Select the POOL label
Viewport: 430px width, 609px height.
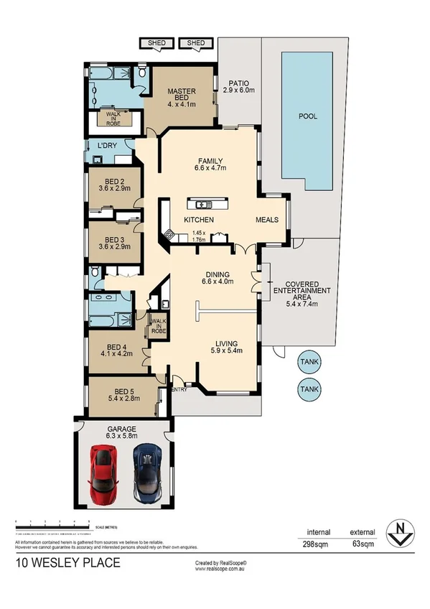coord(307,116)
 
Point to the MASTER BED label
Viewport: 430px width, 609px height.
coord(182,97)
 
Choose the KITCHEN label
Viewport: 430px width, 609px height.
coord(199,219)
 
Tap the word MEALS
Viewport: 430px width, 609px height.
coord(270,219)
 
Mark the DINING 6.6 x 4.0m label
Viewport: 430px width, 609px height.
coord(217,278)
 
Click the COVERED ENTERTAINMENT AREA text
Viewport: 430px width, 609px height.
coord(302,291)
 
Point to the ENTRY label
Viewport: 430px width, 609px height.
coord(179,389)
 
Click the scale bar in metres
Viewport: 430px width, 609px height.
coord(52,520)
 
